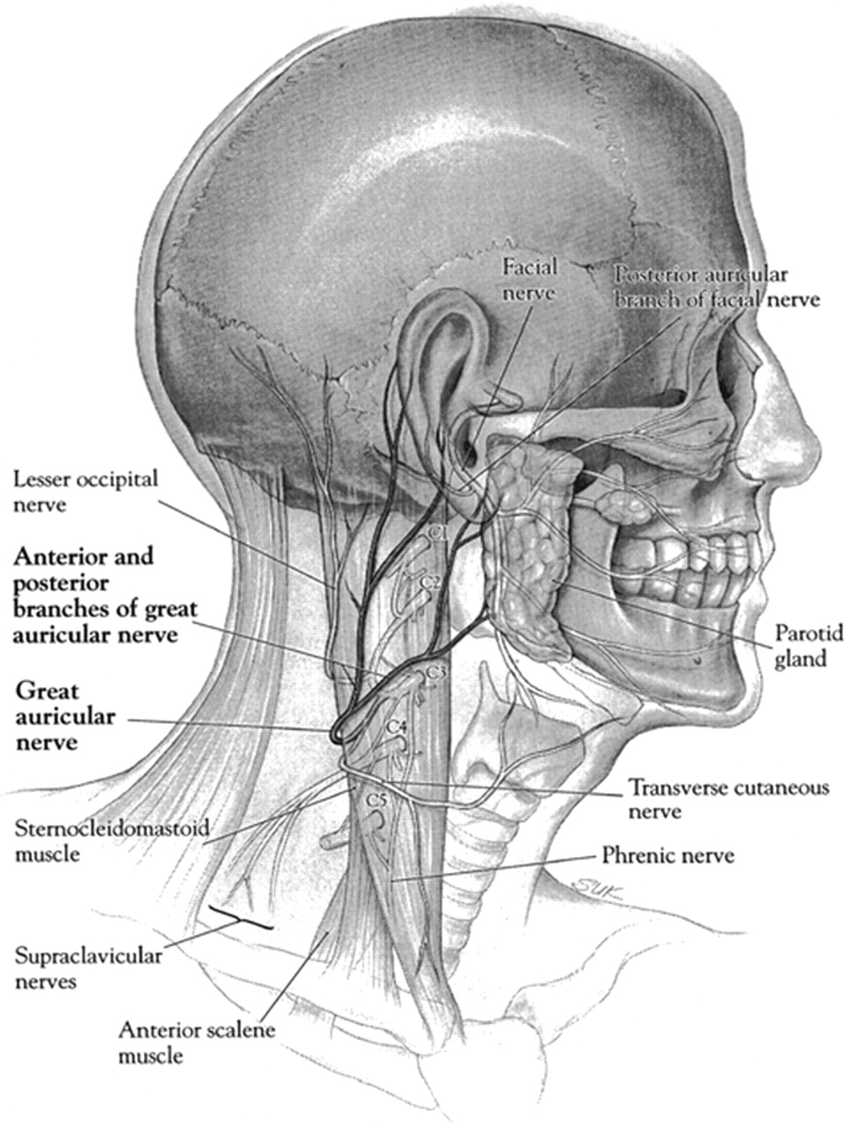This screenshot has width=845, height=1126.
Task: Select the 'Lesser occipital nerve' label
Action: coord(85,492)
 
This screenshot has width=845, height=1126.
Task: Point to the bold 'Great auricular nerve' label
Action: coord(64,716)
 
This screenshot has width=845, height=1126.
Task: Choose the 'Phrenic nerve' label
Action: coord(667,855)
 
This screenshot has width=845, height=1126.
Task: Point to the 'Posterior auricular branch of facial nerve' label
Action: coord(718,288)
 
